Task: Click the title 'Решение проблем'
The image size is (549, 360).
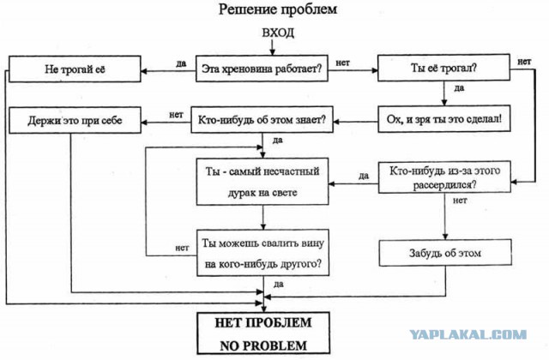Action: coord(278,9)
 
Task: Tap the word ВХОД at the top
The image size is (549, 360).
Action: coord(278,33)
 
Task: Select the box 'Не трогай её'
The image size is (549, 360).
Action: coord(75,69)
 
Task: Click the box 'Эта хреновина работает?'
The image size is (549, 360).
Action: coord(262,69)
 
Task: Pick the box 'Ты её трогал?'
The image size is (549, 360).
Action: coord(443,68)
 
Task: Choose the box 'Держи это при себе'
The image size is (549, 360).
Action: coord(75,120)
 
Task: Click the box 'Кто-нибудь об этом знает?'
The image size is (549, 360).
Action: coord(262,120)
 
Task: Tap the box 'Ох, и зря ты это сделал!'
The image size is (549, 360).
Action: coord(444,118)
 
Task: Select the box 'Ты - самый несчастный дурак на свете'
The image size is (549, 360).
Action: coord(262,182)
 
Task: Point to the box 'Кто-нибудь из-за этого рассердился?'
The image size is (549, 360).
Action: coord(444,177)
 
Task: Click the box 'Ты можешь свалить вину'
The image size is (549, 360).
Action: coord(262,253)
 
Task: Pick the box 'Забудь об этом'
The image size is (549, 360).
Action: coord(445,253)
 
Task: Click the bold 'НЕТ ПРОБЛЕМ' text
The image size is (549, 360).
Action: coord(263,322)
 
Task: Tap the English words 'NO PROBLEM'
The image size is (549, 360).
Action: coord(263,345)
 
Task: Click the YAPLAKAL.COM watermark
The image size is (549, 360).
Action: coord(468,334)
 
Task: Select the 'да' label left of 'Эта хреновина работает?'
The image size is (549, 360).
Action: coord(181,63)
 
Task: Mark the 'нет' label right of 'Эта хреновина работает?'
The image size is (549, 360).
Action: coord(343,63)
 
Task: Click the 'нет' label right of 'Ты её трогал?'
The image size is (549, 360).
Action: coord(524,62)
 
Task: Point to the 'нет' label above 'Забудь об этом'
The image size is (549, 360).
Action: coord(460,201)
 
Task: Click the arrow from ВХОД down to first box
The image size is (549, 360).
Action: coord(272,47)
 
